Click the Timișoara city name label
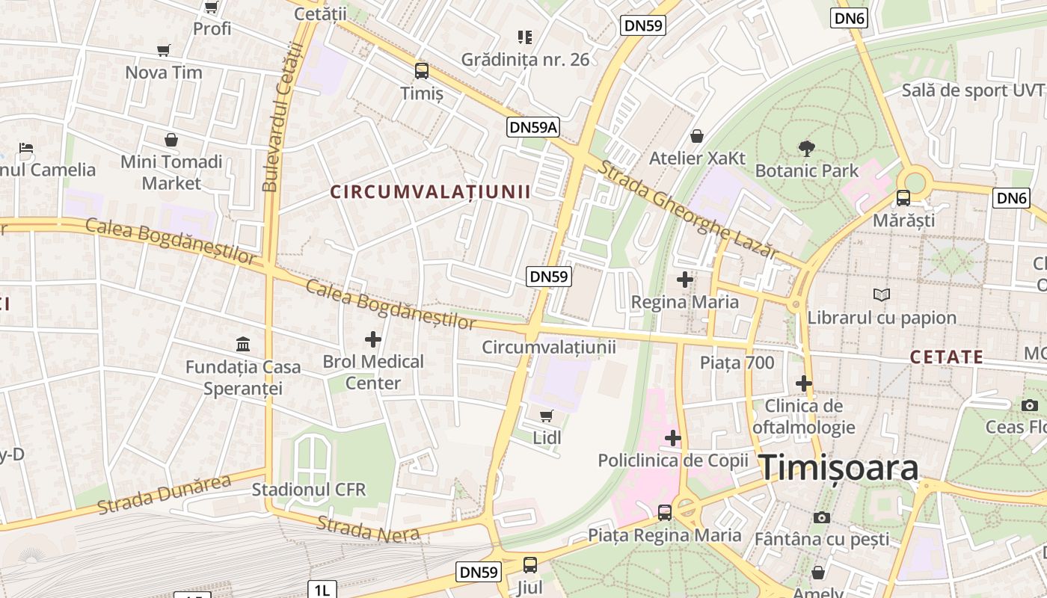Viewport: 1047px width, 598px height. [839, 469]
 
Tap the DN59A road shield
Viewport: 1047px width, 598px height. [533, 127]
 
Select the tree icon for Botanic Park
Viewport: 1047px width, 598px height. [807, 148]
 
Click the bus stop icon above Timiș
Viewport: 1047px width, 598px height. [422, 71]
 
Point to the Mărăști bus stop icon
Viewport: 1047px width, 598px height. [903, 198]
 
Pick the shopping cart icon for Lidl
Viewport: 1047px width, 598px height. [547, 416]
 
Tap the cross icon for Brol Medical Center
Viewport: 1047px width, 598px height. [372, 339]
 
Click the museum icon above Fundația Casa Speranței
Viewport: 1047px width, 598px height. [243, 345]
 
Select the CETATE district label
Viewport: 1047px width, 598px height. [946, 357]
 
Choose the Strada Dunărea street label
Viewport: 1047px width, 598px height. [164, 495]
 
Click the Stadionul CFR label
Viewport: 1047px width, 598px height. [309, 490]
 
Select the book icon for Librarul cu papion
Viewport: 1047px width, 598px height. [882, 295]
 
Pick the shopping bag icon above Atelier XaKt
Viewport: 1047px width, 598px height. [697, 136]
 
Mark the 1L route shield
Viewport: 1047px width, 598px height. [322, 590]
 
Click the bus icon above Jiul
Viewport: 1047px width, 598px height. [530, 565]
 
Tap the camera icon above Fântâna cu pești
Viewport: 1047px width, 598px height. [821, 517]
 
